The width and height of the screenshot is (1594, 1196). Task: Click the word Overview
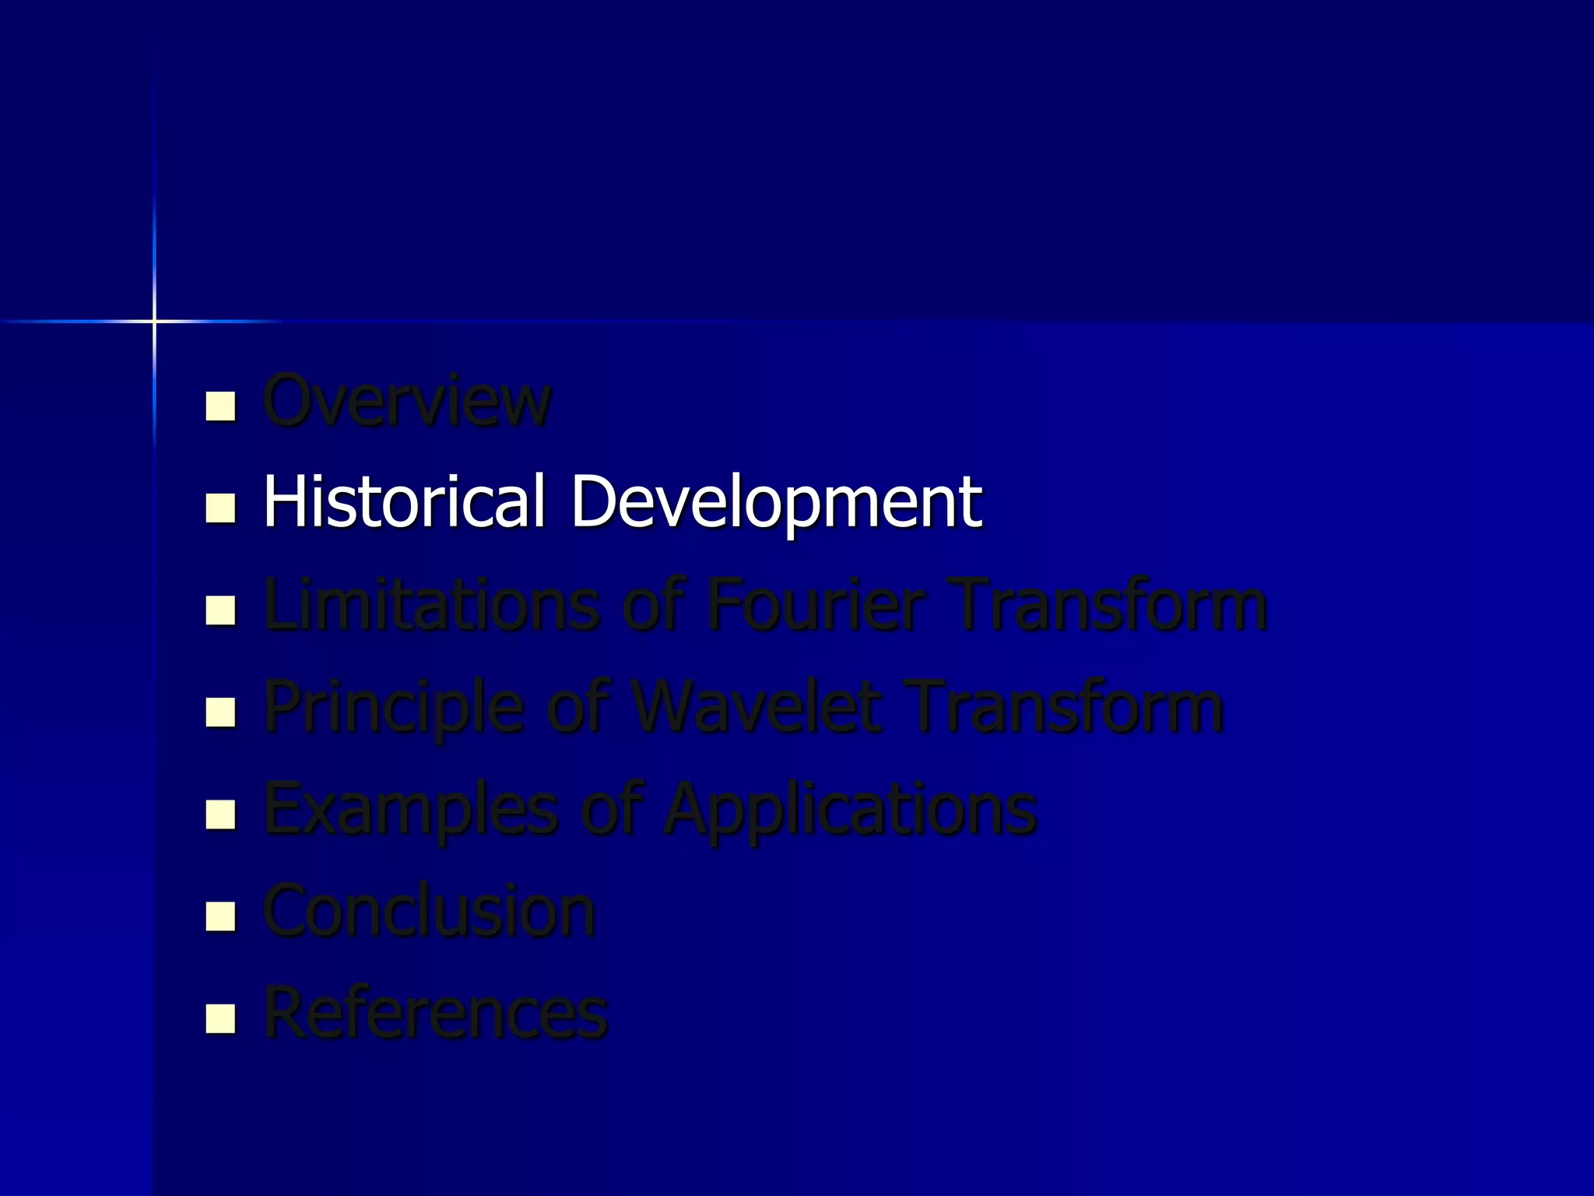click(x=407, y=401)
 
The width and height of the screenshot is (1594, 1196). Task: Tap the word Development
click(x=776, y=502)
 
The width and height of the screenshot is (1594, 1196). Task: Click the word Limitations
click(x=432, y=605)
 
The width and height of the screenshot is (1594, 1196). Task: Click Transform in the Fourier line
click(x=1111, y=605)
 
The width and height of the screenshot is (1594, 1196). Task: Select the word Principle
click(x=394, y=707)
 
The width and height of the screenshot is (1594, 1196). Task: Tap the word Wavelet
click(x=757, y=707)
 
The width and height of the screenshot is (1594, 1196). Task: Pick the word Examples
click(x=411, y=810)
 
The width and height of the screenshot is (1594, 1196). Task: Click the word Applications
click(x=851, y=810)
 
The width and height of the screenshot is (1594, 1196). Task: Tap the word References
click(x=436, y=1013)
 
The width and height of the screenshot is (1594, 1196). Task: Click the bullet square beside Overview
click(x=220, y=406)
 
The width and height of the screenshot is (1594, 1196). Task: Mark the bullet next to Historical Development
click(x=220, y=508)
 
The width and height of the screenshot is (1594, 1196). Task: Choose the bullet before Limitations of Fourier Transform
click(x=220, y=610)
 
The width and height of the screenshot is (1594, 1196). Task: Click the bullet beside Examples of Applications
click(x=220, y=814)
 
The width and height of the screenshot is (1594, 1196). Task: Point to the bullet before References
click(x=220, y=1018)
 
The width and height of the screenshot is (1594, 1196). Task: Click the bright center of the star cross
click(x=154, y=321)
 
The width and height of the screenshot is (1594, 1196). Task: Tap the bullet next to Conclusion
click(x=220, y=916)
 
